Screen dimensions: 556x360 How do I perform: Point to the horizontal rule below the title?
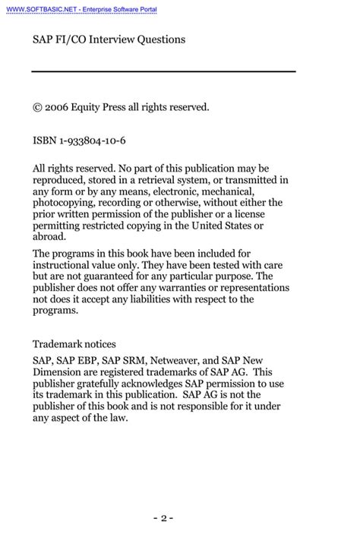[x=163, y=71]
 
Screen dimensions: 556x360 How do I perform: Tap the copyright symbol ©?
[x=37, y=108]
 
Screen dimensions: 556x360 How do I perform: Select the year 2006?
[x=57, y=108]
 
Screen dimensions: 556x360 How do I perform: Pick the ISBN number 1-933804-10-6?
[x=93, y=142]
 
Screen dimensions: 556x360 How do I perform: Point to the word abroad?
[x=49, y=237]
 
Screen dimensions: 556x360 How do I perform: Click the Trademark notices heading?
[x=74, y=344]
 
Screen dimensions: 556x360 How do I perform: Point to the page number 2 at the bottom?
[x=163, y=519]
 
